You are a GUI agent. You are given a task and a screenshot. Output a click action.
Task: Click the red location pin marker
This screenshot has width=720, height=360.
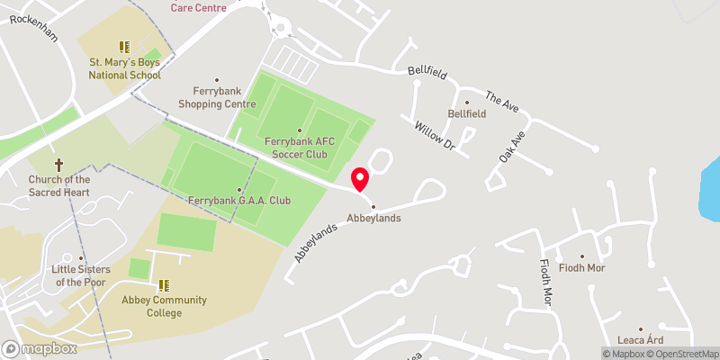(x=360, y=178)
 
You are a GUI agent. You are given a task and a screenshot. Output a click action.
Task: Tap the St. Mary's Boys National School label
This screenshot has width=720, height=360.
(x=124, y=68)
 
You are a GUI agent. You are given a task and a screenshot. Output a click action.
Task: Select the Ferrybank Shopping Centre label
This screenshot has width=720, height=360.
(x=217, y=97)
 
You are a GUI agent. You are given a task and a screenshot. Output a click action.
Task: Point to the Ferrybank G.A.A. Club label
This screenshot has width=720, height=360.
(x=239, y=199)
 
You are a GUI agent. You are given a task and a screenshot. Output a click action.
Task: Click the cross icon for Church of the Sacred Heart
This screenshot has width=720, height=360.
(x=59, y=165)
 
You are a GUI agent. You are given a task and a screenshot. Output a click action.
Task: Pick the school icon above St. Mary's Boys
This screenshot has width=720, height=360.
(x=124, y=47)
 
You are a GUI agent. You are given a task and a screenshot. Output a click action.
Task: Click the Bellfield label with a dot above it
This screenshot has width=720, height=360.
(x=467, y=114)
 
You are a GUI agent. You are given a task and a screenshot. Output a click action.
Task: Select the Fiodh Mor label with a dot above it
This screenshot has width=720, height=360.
(x=582, y=267)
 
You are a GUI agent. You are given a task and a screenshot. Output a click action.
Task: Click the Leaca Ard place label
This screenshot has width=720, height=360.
(x=641, y=339)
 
